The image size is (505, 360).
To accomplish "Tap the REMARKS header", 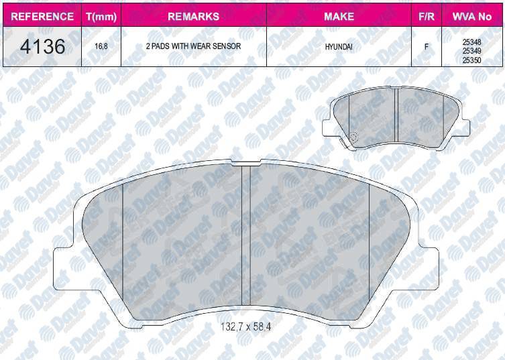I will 193,16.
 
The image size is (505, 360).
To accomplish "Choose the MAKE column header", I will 339,16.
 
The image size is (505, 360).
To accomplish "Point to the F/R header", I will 426,16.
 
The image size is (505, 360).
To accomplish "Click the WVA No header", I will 473,16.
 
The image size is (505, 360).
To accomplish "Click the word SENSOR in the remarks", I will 225,47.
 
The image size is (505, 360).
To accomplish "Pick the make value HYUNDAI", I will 339,47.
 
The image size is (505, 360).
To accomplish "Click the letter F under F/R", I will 426,47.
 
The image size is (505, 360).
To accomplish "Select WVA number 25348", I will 473,40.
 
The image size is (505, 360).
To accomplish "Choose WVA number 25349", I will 473,50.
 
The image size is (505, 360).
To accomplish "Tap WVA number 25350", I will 473,60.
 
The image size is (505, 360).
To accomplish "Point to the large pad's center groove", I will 245,238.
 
